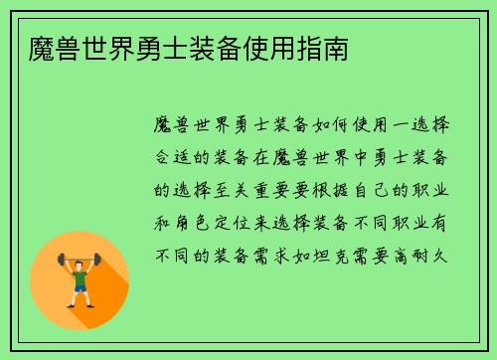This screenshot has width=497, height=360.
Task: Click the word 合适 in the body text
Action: pyautogui.click(x=176, y=159)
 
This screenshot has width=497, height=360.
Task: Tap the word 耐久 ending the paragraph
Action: pyautogui.click(x=437, y=255)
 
